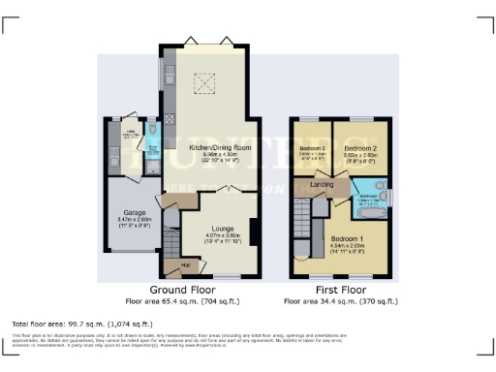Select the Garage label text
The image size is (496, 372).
coord(134,212)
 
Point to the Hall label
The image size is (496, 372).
coord(185,263)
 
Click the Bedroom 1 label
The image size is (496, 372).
coord(345,237)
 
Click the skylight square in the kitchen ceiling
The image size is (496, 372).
coord(206,85)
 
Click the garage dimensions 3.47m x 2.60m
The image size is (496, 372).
coord(134,220)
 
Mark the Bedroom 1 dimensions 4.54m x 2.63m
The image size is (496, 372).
coord(345,245)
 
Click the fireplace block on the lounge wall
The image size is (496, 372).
coord(253,232)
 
